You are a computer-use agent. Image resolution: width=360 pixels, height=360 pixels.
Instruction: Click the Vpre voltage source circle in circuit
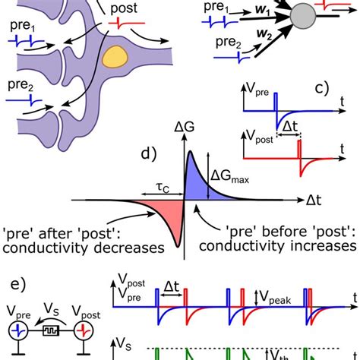(20, 332)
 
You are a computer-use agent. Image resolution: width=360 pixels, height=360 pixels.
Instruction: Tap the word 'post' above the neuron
(124, 8)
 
